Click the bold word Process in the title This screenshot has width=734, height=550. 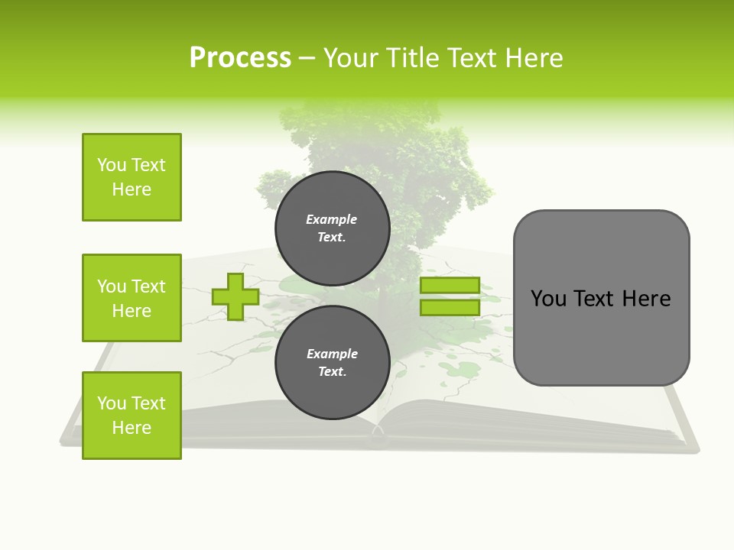coord(240,58)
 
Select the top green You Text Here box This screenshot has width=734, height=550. coord(132,177)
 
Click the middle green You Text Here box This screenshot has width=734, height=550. coord(132,298)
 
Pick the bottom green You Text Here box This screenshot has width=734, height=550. coord(132,416)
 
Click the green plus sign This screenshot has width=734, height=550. coord(235,296)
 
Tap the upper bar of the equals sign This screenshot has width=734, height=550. coord(450,286)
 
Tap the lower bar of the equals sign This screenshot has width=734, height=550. coord(450,307)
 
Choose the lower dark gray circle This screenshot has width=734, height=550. coord(332,363)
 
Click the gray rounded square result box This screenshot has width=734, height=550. coord(601,297)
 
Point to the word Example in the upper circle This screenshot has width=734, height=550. coord(331,219)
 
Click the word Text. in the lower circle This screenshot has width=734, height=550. coord(332,372)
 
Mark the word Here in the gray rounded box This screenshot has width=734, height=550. coord(646,299)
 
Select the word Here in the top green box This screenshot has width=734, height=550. coord(132,189)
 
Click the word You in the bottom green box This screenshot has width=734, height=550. coord(112,403)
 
